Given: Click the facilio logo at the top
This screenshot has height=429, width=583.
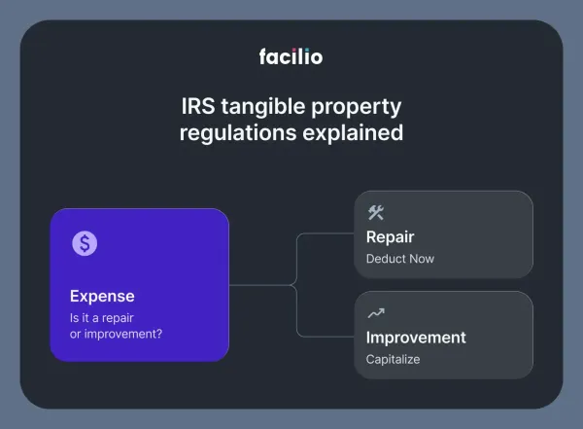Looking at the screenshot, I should point(291,56).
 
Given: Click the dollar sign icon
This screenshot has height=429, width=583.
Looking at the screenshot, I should point(85,244).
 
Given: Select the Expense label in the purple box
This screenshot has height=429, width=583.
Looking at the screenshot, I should point(102,296).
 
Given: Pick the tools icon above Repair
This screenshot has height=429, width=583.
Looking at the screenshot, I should point(375,213).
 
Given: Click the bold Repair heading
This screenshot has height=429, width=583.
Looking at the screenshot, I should point(390,236).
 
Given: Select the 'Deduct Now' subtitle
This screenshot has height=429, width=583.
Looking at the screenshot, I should point(399,259).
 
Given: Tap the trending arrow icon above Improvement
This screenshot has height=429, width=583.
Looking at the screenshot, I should point(375,313).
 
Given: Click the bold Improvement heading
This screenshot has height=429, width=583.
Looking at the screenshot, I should point(415,338).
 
